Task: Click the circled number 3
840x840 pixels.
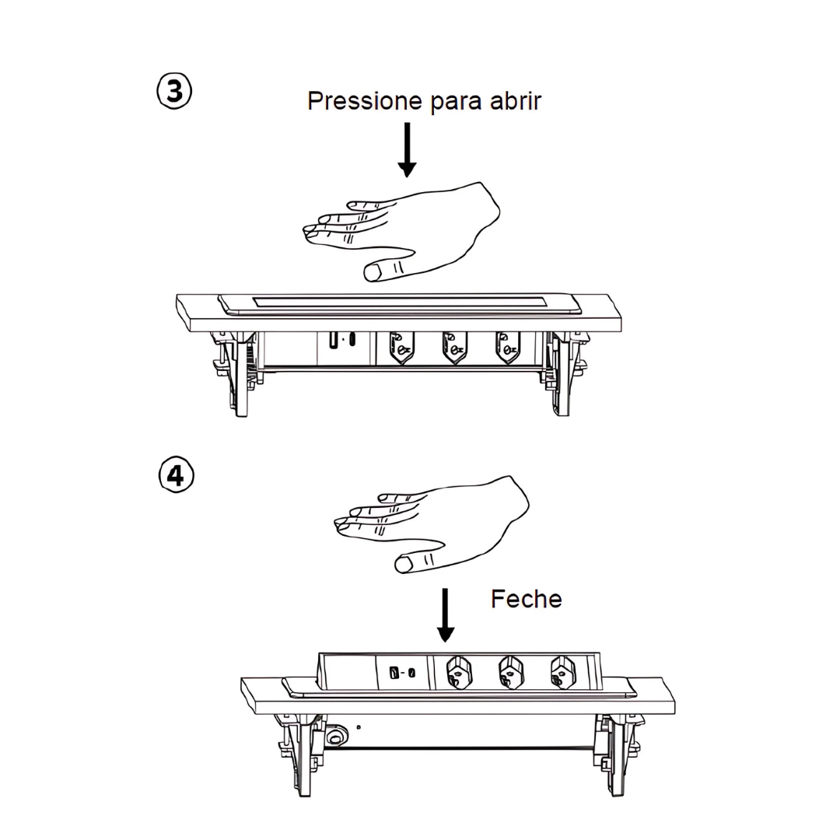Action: tap(174, 92)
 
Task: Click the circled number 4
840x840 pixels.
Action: tap(177, 474)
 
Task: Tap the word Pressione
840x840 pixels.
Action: tap(365, 100)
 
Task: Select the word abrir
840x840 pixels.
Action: tap(516, 100)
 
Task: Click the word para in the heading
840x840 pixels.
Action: tap(456, 103)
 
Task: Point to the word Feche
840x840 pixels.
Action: tap(526, 599)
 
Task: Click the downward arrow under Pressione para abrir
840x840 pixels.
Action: tap(407, 149)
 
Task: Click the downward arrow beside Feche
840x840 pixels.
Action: tap(445, 615)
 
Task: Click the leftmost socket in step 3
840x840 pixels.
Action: tap(401, 348)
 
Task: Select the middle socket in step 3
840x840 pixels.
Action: tap(454, 348)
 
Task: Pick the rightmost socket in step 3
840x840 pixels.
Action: tap(508, 348)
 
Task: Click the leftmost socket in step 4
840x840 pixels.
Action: tap(459, 672)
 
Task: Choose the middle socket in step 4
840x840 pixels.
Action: tap(511, 672)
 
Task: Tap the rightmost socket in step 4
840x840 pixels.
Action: tap(563, 672)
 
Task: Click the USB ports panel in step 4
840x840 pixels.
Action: tap(402, 672)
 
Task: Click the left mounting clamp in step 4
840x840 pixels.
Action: tap(301, 753)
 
